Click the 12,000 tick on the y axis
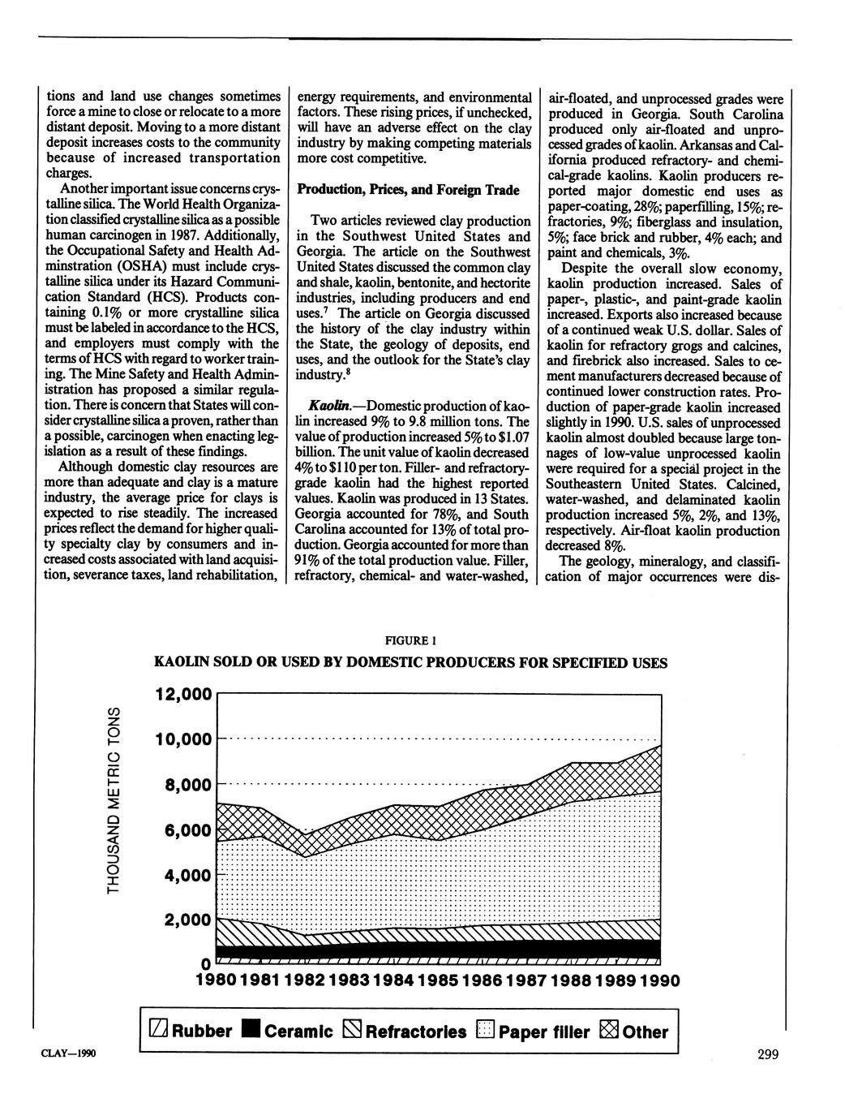182,695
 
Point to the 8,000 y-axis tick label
187,786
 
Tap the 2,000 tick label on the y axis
187,920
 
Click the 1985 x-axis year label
439,981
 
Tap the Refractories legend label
416,1032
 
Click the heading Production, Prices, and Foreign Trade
408,189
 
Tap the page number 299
768,1055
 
